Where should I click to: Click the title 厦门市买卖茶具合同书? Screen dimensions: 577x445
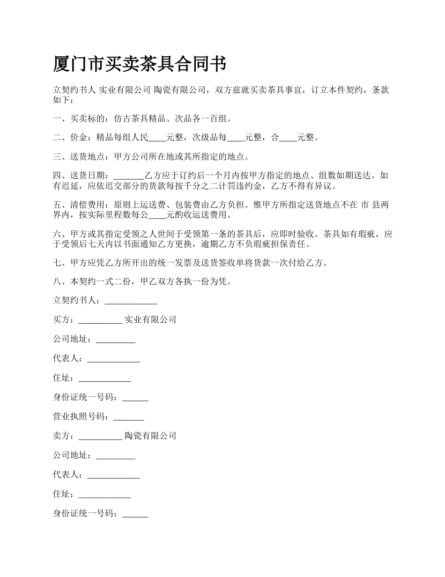(140, 64)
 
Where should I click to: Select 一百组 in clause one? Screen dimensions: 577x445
(215, 119)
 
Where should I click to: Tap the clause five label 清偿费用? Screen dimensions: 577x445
(88, 205)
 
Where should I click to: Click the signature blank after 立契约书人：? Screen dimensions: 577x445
(131, 302)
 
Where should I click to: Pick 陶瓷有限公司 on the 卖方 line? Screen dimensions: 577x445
(150, 436)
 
